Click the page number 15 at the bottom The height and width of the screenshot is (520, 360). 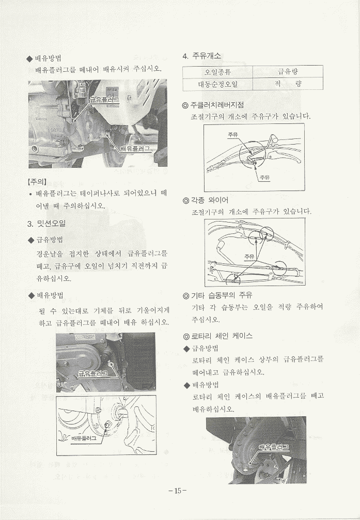(x=178, y=491)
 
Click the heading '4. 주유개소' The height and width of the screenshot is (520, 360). (x=202, y=56)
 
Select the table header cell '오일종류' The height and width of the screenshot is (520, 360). (x=217, y=72)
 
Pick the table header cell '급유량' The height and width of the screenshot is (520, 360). (x=288, y=71)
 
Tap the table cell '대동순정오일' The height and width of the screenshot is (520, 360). (x=217, y=84)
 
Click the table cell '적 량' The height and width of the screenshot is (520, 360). (x=288, y=84)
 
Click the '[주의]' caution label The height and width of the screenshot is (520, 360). (x=37, y=182)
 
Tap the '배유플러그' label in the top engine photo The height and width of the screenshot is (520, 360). (x=134, y=149)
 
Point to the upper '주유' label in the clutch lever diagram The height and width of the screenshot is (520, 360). (x=233, y=135)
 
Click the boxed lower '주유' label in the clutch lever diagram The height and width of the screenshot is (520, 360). (x=264, y=178)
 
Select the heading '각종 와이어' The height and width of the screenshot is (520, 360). (x=206, y=200)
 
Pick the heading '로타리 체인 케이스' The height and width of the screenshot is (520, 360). (x=217, y=336)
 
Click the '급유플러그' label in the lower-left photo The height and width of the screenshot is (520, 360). (x=93, y=374)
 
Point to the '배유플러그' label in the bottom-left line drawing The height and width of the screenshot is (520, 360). (x=84, y=438)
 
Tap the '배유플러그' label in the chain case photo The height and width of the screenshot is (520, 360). (x=274, y=447)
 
